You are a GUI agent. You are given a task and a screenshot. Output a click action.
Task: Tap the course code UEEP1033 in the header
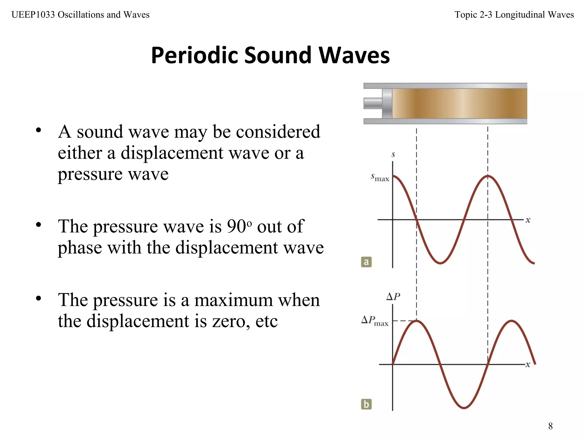click(x=33, y=15)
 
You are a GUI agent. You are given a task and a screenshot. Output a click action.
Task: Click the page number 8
click(x=550, y=426)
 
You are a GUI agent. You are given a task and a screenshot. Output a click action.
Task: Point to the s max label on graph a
click(x=380, y=177)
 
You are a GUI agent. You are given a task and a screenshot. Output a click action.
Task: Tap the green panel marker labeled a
click(x=366, y=262)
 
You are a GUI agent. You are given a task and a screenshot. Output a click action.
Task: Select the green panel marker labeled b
click(x=366, y=404)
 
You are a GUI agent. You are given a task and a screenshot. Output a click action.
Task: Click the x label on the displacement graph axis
click(x=528, y=220)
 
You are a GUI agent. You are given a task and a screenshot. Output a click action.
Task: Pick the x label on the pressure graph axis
click(x=528, y=364)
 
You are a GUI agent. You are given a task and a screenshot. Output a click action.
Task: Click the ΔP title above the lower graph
click(x=393, y=297)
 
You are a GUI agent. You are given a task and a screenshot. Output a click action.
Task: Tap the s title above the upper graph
click(x=393, y=155)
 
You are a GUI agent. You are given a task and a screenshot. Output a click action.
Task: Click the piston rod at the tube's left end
click(x=372, y=103)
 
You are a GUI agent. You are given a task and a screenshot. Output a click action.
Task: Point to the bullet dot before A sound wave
click(x=39, y=131)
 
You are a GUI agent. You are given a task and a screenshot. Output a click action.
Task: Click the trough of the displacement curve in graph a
click(x=440, y=263)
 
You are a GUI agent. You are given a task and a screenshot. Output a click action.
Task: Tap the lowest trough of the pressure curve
click(x=464, y=408)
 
